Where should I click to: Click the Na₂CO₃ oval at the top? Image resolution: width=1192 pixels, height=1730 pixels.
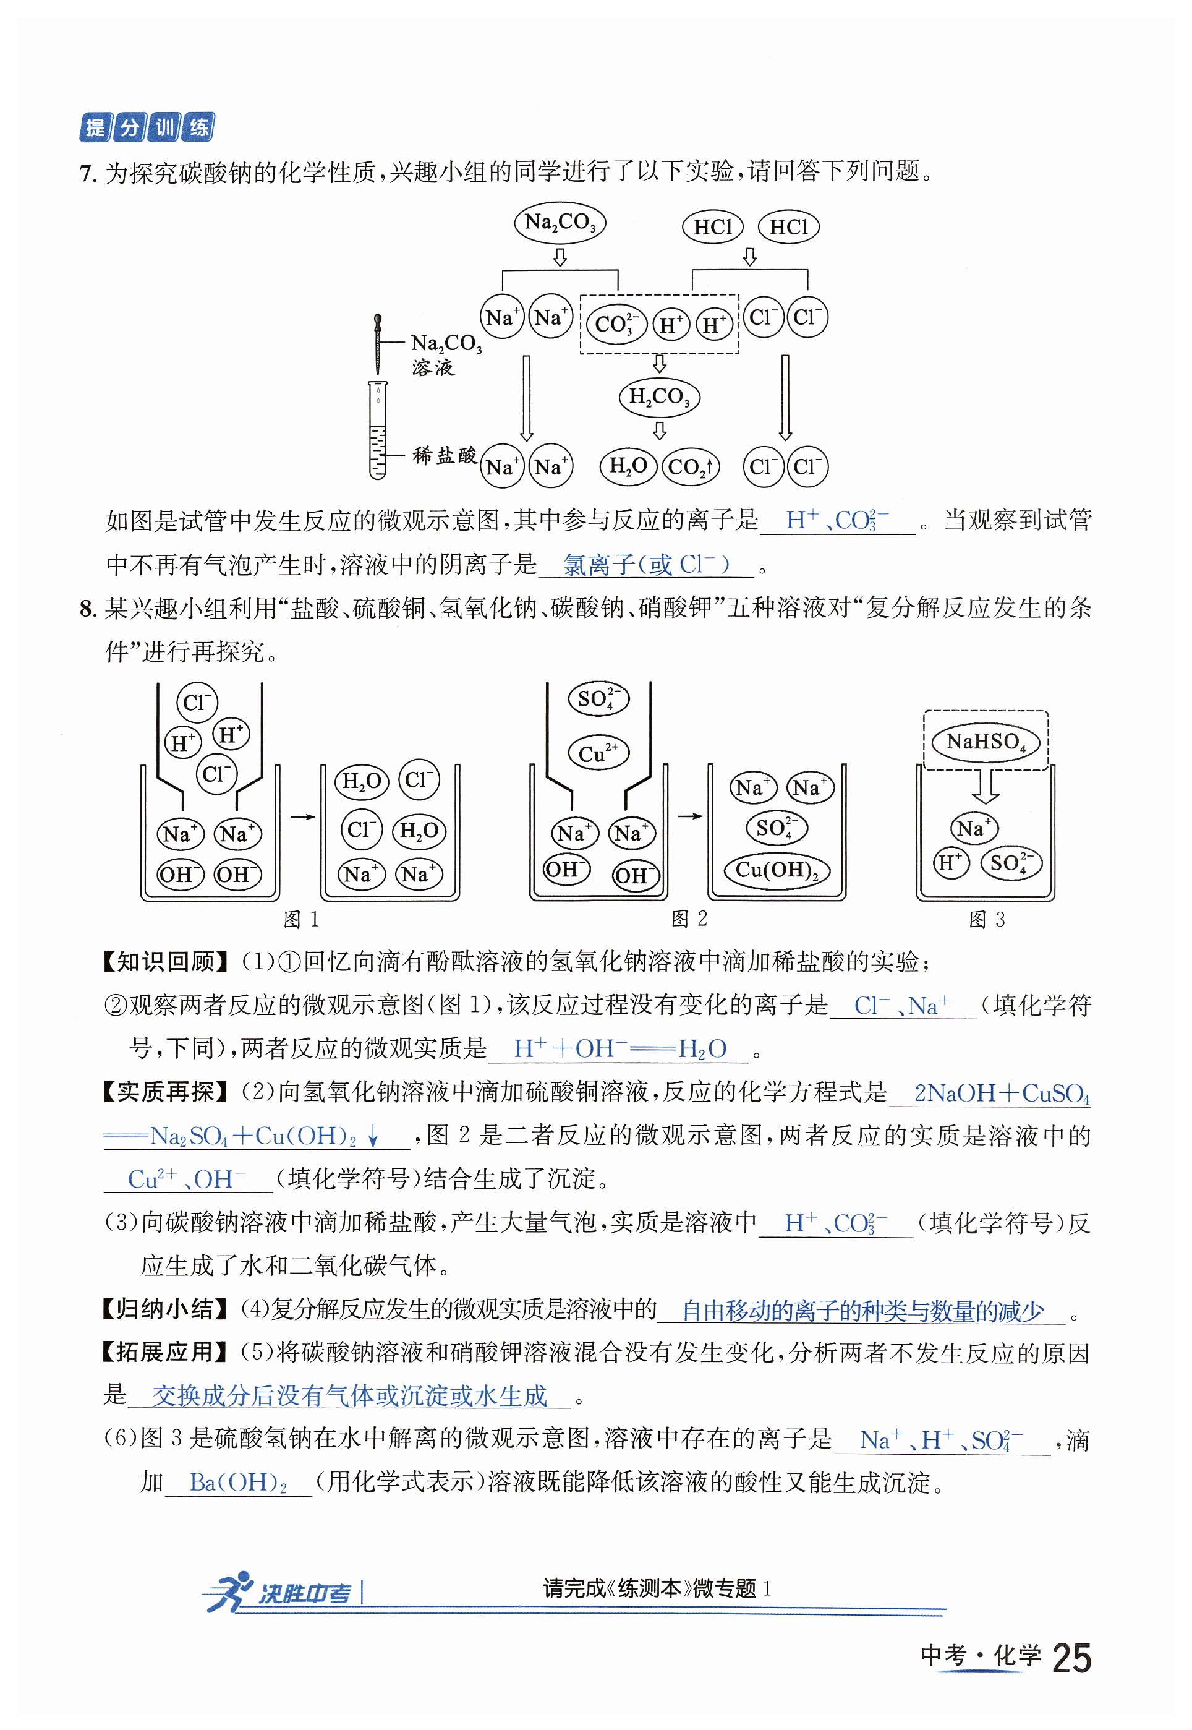560,223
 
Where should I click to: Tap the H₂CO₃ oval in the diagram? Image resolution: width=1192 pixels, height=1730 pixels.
658,396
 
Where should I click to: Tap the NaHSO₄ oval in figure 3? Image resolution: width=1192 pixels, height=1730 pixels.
985,742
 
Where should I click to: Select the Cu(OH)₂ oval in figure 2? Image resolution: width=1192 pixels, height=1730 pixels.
777,870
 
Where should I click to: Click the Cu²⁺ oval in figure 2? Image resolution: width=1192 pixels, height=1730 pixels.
598,753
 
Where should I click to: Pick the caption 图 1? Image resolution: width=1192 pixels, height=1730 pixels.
301,920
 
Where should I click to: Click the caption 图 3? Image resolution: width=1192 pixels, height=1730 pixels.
986,920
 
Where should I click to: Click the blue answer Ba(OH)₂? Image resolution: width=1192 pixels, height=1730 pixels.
238,1482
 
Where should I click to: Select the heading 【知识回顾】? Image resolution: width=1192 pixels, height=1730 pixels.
166,961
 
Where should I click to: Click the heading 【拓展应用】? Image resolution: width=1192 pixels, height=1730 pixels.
166,1351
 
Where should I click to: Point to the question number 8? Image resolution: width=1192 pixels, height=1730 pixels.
88,609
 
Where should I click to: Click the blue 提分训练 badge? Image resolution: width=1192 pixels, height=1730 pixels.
147,128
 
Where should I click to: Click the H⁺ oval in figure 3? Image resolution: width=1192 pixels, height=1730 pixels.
950,863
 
